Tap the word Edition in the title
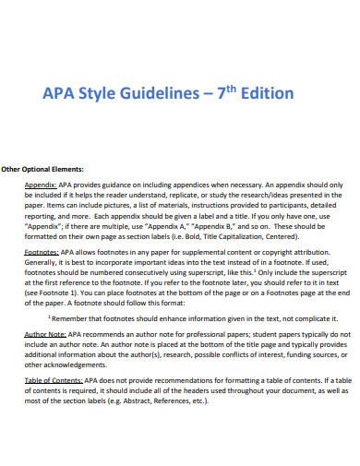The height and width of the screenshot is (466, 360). pyautogui.click(x=264, y=93)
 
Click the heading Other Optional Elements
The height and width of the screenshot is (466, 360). pyautogui.click(x=42, y=169)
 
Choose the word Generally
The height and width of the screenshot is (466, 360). pyautogui.click(x=42, y=262)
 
